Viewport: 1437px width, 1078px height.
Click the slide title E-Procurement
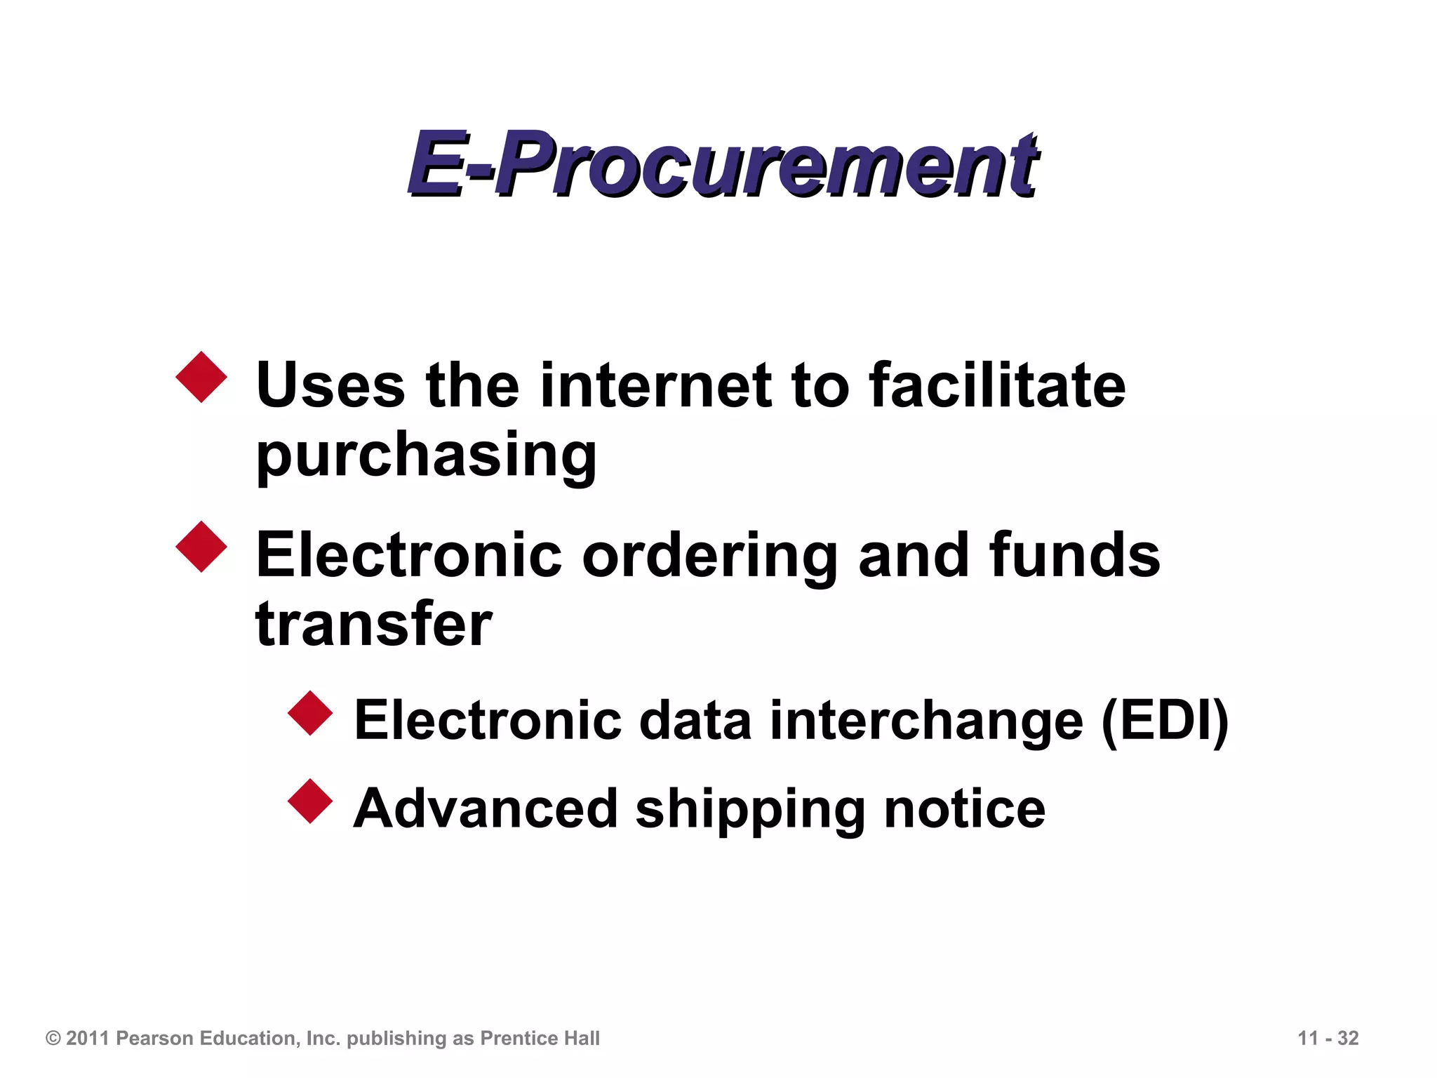[723, 165]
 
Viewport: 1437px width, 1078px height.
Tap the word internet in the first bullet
[655, 385]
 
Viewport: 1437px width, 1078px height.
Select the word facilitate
[997, 385]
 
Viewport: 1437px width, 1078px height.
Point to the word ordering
[709, 555]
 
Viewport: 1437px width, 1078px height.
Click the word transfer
[374, 625]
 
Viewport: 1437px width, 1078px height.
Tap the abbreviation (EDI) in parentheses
[1165, 720]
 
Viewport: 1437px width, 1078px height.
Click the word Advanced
[485, 808]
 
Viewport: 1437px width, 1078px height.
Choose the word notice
[965, 808]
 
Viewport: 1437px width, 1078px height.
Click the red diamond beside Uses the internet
[201, 377]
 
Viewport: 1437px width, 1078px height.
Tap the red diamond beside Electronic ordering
[201, 547]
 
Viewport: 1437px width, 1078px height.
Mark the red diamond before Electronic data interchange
[310, 713]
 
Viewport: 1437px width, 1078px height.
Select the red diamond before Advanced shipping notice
[310, 801]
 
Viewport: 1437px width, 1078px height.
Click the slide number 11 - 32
[1328, 1038]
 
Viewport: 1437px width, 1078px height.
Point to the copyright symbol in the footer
[53, 1038]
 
